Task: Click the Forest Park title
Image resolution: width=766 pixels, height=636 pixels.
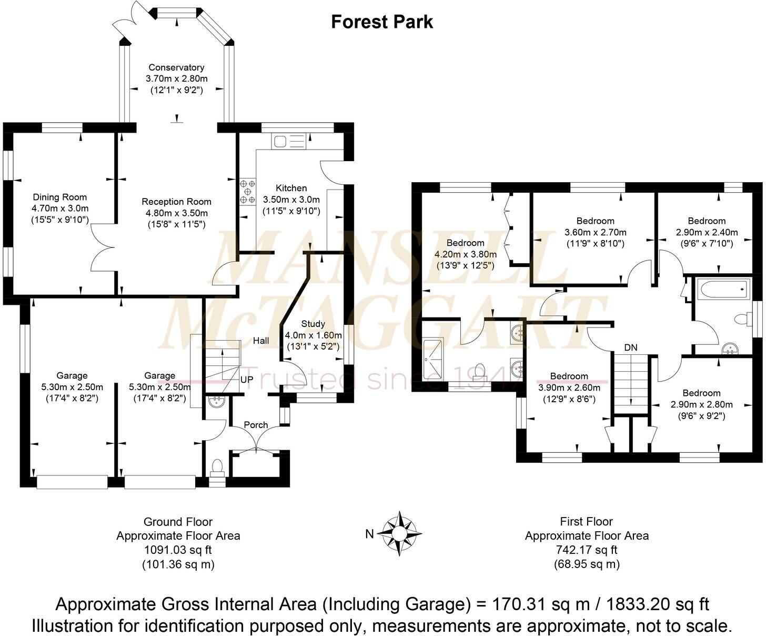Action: point(382,22)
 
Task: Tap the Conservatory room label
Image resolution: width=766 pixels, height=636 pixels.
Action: point(176,67)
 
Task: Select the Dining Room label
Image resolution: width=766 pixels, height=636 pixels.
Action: point(60,197)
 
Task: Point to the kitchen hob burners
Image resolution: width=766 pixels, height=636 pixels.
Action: point(247,192)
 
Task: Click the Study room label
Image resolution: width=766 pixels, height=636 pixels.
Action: point(313,324)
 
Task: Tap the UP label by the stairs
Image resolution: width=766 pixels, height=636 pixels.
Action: point(247,379)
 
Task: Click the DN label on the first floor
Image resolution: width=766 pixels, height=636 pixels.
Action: point(631,347)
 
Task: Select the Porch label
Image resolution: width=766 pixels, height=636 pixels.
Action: point(256,425)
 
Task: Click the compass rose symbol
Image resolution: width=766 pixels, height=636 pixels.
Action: point(402,534)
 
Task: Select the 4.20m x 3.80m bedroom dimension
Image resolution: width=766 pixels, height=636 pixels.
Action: point(466,254)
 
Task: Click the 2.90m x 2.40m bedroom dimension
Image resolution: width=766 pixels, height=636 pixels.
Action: point(707,232)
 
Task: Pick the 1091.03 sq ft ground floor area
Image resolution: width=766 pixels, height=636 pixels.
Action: point(178,550)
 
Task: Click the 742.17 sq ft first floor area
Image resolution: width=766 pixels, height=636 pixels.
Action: point(587,550)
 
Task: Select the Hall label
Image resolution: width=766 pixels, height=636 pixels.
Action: point(261,341)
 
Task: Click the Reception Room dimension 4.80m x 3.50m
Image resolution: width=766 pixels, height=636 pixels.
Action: point(176,213)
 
